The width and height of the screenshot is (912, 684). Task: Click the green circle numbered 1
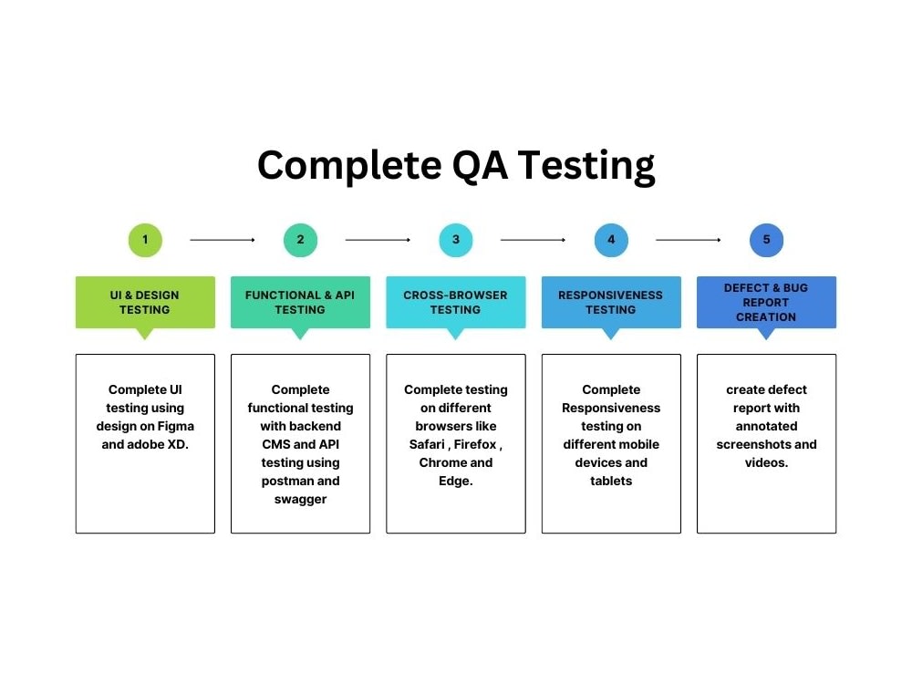tap(145, 240)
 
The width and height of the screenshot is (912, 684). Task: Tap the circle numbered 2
tap(300, 240)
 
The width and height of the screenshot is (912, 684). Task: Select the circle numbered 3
tap(456, 240)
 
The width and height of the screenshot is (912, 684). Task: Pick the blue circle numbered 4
tap(611, 240)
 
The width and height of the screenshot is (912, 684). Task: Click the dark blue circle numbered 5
tap(766, 240)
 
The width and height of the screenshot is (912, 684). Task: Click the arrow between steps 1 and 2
tap(223, 240)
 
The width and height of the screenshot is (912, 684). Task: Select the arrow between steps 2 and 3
tap(378, 240)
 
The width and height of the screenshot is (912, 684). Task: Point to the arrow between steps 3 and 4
tap(534, 240)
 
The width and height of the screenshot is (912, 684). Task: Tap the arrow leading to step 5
tap(689, 240)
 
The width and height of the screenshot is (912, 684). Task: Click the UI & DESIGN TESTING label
tap(145, 302)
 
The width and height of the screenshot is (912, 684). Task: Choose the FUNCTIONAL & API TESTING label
tap(300, 302)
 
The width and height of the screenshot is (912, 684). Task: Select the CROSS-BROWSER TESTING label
tap(456, 302)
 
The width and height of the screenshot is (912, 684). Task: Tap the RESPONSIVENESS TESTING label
tap(611, 302)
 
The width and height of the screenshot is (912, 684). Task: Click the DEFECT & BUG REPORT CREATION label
tap(766, 302)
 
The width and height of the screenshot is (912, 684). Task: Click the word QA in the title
tap(480, 166)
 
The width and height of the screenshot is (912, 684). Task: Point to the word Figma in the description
tap(174, 426)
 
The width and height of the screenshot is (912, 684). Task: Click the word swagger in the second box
tap(300, 499)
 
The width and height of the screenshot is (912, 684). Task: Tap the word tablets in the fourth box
tap(611, 481)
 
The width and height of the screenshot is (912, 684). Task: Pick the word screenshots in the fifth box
tap(753, 444)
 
